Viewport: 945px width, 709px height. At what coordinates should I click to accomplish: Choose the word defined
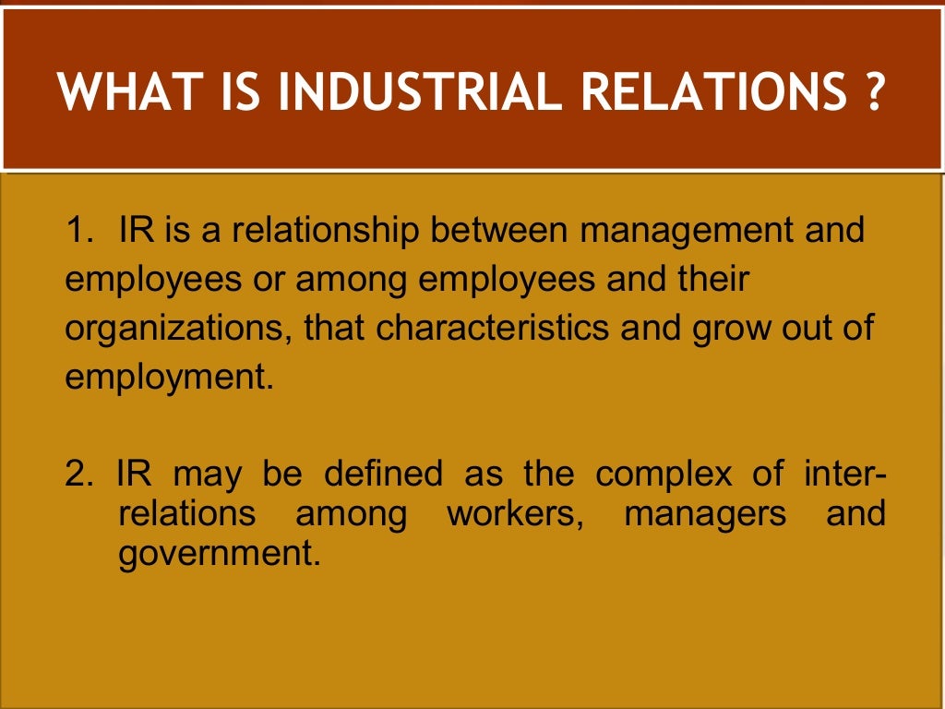(383, 475)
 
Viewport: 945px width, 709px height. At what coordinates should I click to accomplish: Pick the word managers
(705, 514)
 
